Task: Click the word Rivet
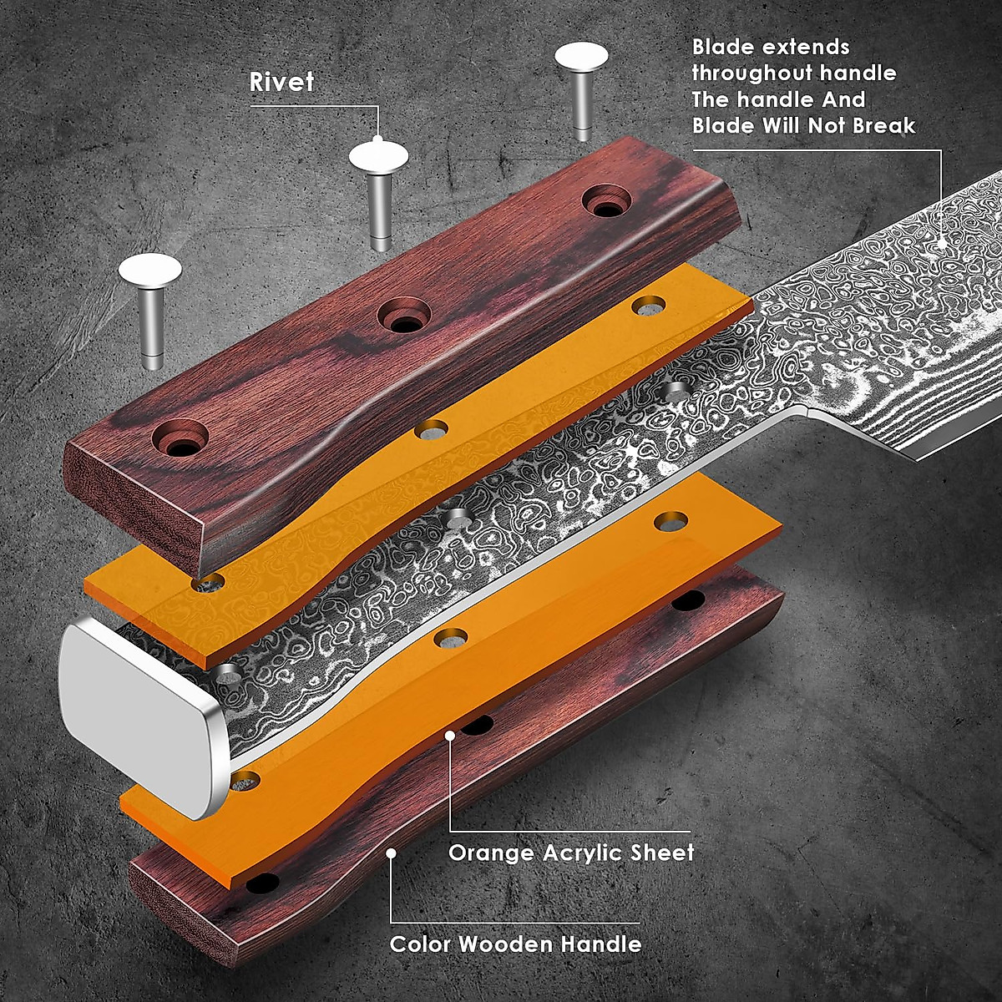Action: [x=281, y=82]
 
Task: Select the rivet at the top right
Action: [x=582, y=83]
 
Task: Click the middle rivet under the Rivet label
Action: [x=379, y=192]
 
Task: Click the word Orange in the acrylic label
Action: [x=491, y=853]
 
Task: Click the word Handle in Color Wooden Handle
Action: [x=600, y=944]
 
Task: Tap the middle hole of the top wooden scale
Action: [x=404, y=317]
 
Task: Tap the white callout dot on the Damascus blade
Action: [x=942, y=245]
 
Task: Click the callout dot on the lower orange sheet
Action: [x=450, y=736]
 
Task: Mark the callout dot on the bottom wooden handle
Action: [x=391, y=853]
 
